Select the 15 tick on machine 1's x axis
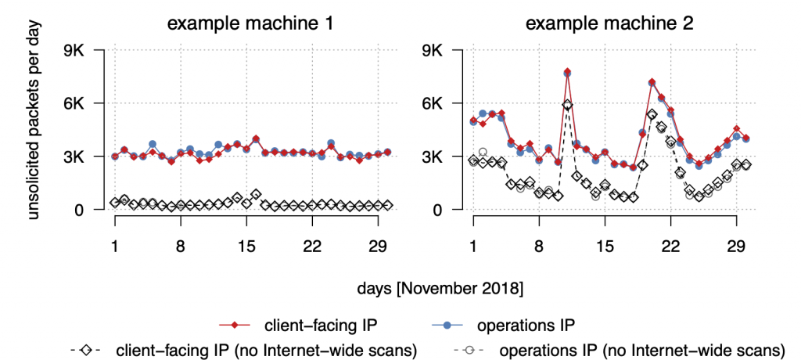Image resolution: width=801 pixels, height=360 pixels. (x=246, y=245)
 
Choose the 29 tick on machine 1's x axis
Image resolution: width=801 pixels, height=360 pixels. (x=378, y=245)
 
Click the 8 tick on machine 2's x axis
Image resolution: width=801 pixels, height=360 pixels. (x=539, y=245)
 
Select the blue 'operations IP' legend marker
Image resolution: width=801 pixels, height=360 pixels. (x=469, y=323)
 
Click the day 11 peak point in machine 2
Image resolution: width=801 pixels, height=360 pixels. (x=567, y=73)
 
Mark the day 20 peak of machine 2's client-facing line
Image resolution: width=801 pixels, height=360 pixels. (x=652, y=82)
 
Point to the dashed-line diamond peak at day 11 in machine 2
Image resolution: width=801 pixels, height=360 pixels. (x=567, y=104)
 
